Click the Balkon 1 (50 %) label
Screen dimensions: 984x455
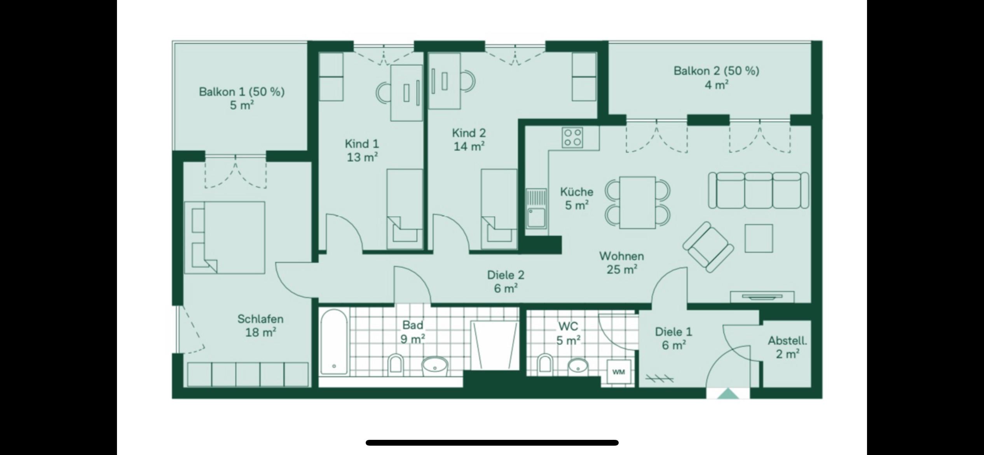(x=242, y=92)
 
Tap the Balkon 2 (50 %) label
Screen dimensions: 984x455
(x=716, y=71)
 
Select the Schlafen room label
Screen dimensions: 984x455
(x=260, y=319)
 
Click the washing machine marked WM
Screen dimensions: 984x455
(x=619, y=372)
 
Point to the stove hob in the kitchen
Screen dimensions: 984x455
(x=573, y=138)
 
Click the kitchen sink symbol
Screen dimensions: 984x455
(x=536, y=208)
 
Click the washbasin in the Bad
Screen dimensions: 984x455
(x=435, y=366)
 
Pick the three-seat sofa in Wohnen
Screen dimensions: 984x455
(x=759, y=191)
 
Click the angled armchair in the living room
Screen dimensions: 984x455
(x=708, y=247)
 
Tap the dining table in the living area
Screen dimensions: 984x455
(x=637, y=203)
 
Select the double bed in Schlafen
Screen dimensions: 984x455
(x=224, y=238)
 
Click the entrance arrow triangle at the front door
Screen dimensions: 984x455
(x=728, y=394)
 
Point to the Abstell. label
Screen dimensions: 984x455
(x=787, y=341)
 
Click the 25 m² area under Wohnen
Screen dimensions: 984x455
(x=622, y=269)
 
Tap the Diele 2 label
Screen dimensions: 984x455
(x=506, y=275)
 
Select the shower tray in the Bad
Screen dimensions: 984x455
(x=495, y=345)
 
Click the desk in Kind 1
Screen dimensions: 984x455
(x=407, y=93)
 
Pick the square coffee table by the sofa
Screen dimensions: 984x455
(x=759, y=238)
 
